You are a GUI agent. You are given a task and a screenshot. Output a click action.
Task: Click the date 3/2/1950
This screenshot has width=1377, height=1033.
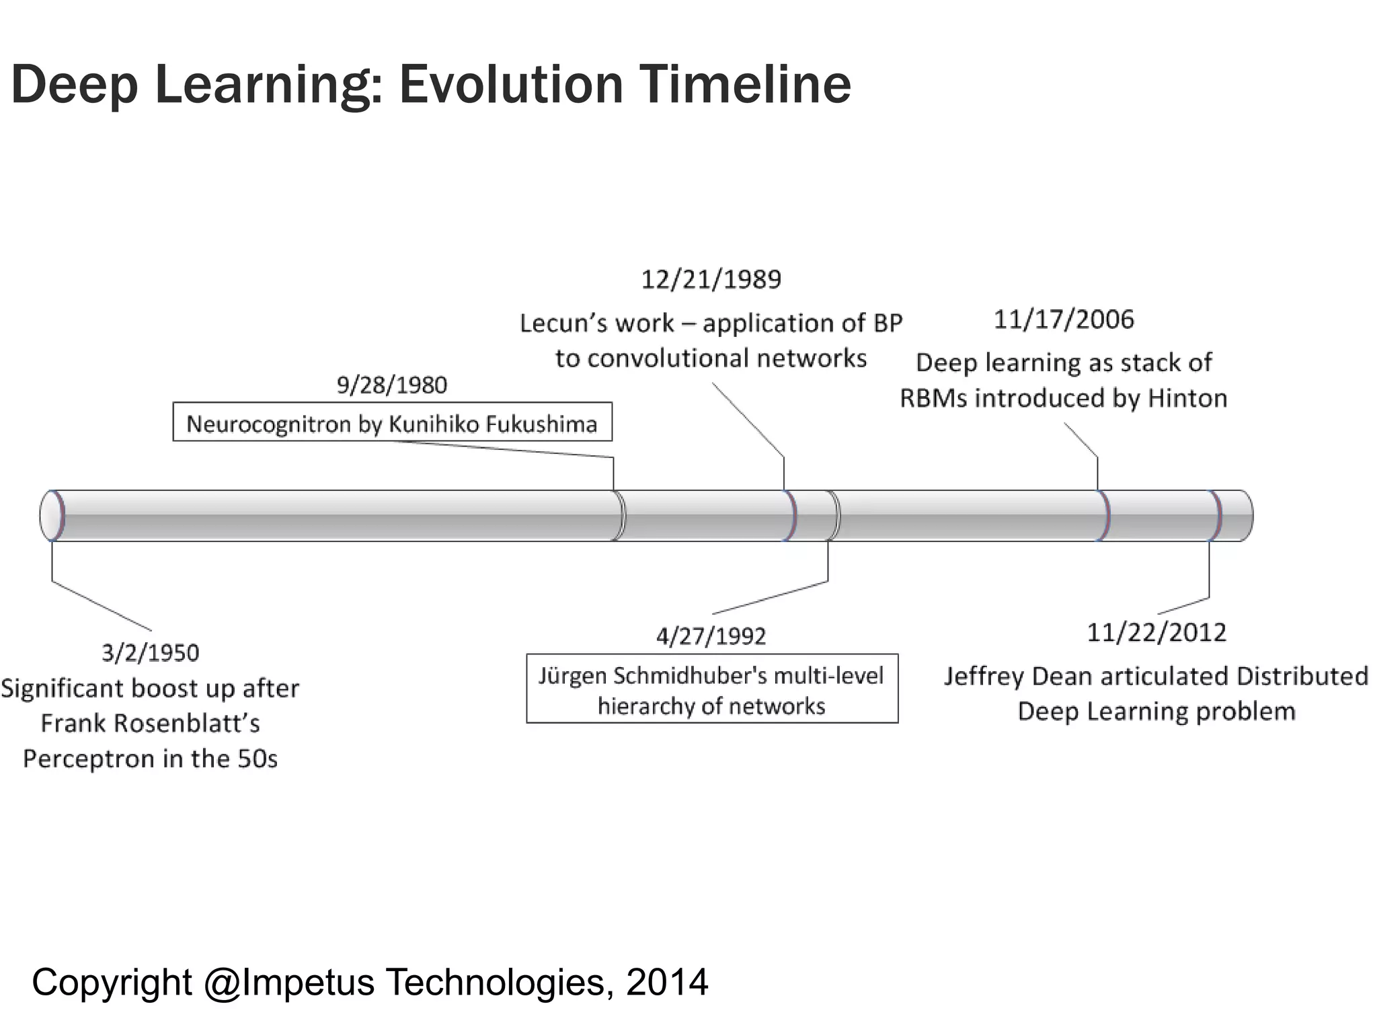tap(150, 653)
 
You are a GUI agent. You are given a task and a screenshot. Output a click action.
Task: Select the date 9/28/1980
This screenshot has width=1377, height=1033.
tap(391, 385)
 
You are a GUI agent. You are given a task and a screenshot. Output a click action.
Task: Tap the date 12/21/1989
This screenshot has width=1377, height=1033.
tap(711, 279)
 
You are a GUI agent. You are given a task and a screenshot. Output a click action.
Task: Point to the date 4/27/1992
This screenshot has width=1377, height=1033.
tap(711, 636)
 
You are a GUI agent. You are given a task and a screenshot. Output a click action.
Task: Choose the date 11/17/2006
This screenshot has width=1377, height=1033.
tap(1064, 319)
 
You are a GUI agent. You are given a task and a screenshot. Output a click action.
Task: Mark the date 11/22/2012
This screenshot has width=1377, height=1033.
tap(1156, 632)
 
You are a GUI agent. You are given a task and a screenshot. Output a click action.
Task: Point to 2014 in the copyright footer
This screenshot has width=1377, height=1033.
tap(667, 983)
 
